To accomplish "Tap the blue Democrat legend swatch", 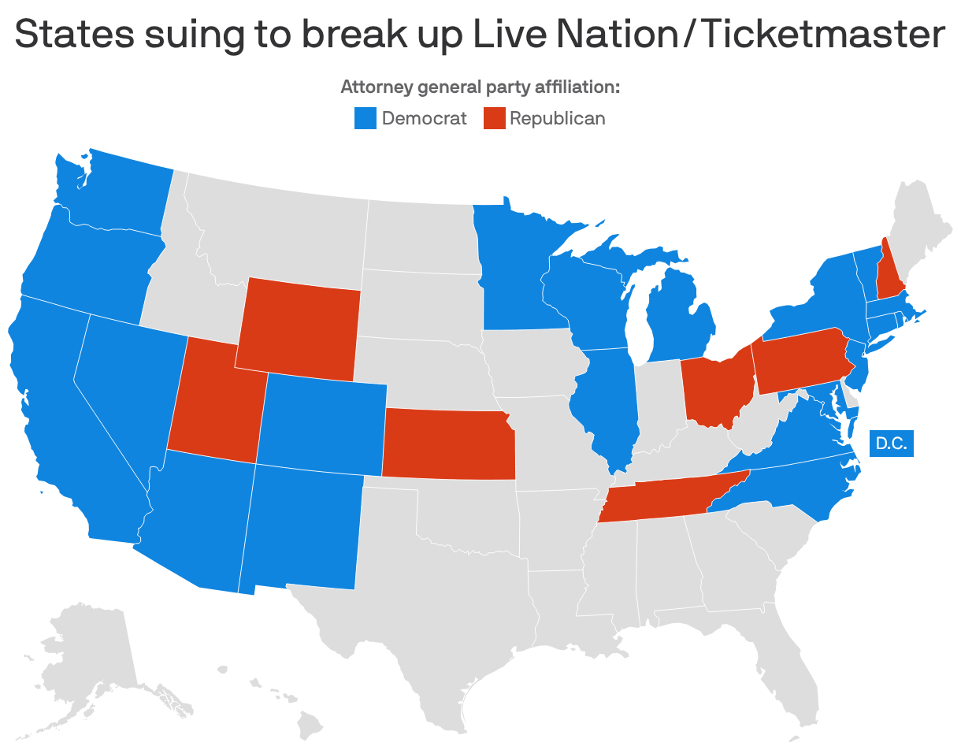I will pyautogui.click(x=365, y=118).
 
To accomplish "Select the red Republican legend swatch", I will pyautogui.click(x=493, y=118).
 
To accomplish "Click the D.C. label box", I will pyautogui.click(x=891, y=444).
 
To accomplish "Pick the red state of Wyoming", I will pyautogui.click(x=298, y=326).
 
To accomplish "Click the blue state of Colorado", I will pyautogui.click(x=323, y=425).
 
